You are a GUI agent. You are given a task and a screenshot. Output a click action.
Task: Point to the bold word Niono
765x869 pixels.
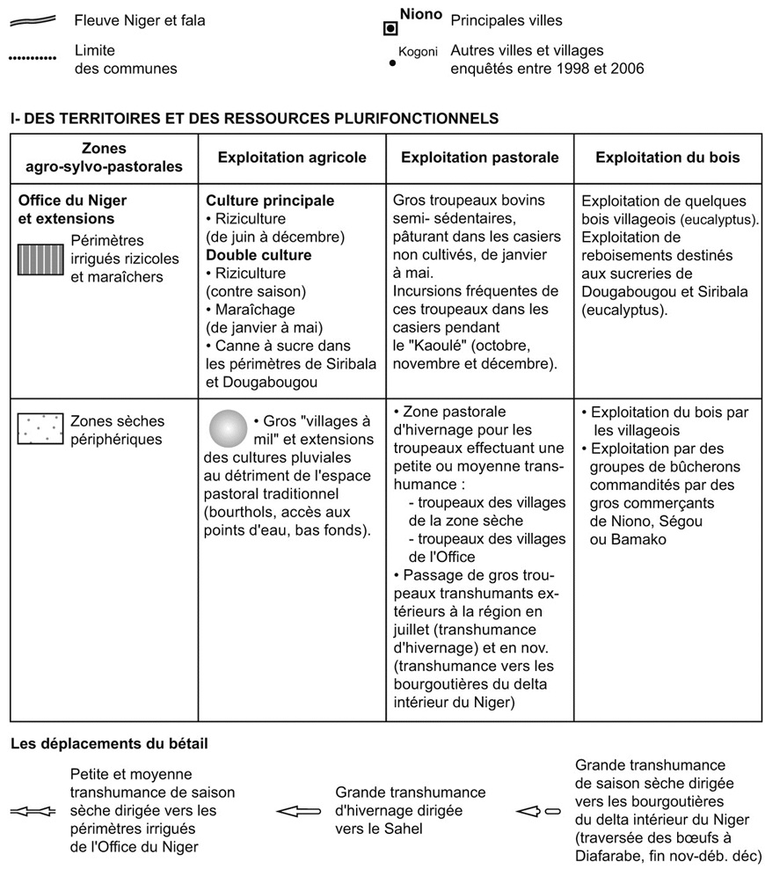[421, 15]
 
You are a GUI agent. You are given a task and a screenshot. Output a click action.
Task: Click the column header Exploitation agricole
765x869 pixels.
[292, 158]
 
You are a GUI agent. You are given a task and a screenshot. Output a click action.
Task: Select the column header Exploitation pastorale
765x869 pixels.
[479, 158]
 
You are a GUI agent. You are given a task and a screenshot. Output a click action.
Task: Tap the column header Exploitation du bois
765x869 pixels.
[667, 158]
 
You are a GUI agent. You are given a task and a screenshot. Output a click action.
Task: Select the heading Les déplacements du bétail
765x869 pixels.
[109, 744]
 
